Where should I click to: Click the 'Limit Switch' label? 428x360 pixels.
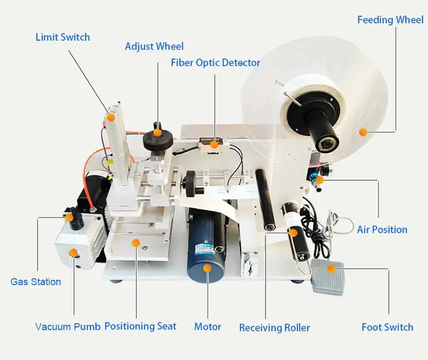[x=63, y=37]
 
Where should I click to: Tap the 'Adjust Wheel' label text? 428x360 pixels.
[x=154, y=47]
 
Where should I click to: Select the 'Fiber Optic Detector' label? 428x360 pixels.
[x=216, y=63]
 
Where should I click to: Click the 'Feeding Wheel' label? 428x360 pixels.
[x=390, y=20]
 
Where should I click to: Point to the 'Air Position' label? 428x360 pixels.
[x=382, y=230]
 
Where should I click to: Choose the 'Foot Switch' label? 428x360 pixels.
[x=387, y=327]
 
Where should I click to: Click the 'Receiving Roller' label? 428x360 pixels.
[x=275, y=328]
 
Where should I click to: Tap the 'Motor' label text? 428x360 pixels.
[x=207, y=327]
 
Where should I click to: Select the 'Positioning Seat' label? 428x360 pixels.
[x=140, y=326]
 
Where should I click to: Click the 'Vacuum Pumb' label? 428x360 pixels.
[x=68, y=327]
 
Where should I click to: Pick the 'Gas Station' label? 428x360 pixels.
[x=36, y=282]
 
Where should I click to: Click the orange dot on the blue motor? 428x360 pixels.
[x=207, y=267]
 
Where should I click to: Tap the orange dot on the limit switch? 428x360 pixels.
[x=111, y=117]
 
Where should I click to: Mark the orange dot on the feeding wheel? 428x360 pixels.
[x=363, y=132]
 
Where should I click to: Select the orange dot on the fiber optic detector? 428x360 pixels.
[x=215, y=145]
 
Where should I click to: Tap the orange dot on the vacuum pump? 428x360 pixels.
[x=73, y=253]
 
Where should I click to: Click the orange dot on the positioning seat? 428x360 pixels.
[x=135, y=243]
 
